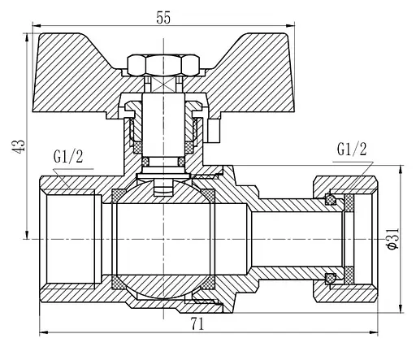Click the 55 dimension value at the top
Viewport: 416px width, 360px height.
tap(163, 18)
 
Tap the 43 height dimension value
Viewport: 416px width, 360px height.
tap(19, 146)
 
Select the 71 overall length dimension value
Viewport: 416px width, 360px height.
tap(197, 323)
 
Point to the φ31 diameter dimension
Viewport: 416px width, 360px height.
tap(393, 239)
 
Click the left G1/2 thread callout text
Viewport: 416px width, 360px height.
tap(68, 157)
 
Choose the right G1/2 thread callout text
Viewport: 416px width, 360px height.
tap(352, 149)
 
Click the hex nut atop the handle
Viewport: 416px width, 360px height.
tap(163, 65)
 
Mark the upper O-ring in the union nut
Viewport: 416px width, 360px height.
tap(330, 199)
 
